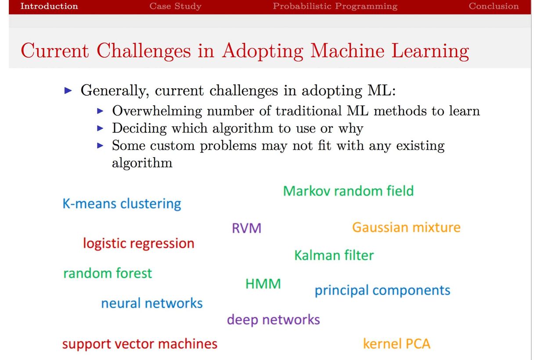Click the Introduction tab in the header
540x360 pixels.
coord(49,6)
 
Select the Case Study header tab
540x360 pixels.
coord(175,6)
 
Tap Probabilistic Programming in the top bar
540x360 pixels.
coord(335,6)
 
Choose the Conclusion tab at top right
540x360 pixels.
coord(493,6)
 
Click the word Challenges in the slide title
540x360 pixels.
coord(144,51)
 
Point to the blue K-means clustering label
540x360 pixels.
coord(122,204)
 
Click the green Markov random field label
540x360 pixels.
coord(348,191)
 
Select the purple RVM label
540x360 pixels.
coord(246,228)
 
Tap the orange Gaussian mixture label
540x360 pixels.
coord(406,227)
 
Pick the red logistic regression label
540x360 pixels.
coord(138,243)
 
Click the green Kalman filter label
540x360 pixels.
coord(334,255)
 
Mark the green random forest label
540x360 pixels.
coord(108,273)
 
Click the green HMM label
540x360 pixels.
coord(263,284)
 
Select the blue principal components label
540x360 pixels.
coord(382,290)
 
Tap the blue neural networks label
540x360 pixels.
coord(151,303)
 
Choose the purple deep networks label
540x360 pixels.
coord(273,319)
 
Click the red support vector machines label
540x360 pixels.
coord(140,343)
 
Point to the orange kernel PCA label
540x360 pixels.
coord(396,343)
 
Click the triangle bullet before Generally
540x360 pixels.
coord(68,91)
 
